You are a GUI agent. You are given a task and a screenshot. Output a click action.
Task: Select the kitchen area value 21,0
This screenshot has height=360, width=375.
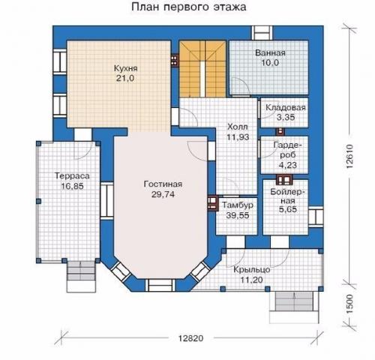126,78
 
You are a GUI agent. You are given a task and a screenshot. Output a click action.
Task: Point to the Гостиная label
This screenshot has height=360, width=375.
163,184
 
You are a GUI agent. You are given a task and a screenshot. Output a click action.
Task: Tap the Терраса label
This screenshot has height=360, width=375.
72,175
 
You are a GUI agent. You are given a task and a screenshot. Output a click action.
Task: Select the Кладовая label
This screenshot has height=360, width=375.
283,107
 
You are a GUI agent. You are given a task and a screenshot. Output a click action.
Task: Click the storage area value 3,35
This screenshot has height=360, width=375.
283,117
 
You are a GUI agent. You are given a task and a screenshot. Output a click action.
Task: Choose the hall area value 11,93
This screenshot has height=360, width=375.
237,138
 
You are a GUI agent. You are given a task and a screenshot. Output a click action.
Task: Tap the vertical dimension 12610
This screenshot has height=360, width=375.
350,157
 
